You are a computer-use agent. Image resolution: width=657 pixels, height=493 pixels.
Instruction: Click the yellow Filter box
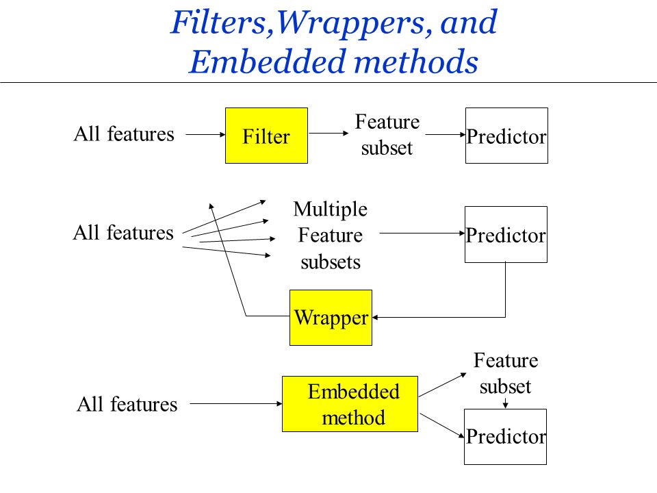point(266,136)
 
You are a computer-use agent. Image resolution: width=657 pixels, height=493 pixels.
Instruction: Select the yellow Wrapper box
point(331,317)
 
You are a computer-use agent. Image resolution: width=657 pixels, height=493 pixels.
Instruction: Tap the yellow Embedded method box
point(350,404)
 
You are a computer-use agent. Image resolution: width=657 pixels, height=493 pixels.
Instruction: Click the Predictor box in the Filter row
point(506,136)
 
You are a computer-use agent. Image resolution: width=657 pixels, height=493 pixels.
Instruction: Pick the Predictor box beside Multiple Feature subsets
point(506,234)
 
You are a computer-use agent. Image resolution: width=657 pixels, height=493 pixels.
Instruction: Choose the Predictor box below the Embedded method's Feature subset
point(506,436)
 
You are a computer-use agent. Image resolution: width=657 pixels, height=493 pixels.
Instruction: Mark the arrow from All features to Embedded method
point(235,404)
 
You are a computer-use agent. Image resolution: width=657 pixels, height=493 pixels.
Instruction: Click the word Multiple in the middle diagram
point(330,209)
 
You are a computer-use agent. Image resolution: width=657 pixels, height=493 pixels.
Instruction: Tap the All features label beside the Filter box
point(124,134)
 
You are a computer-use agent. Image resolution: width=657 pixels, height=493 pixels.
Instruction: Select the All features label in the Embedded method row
point(127,405)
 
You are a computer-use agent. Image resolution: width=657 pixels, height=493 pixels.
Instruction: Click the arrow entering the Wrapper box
point(438,317)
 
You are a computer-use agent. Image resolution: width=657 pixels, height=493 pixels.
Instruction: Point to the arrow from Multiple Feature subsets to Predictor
point(422,233)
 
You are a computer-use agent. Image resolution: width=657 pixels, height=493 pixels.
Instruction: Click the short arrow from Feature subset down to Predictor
point(506,403)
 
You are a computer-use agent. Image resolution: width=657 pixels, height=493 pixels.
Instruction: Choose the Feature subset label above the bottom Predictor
point(506,373)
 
